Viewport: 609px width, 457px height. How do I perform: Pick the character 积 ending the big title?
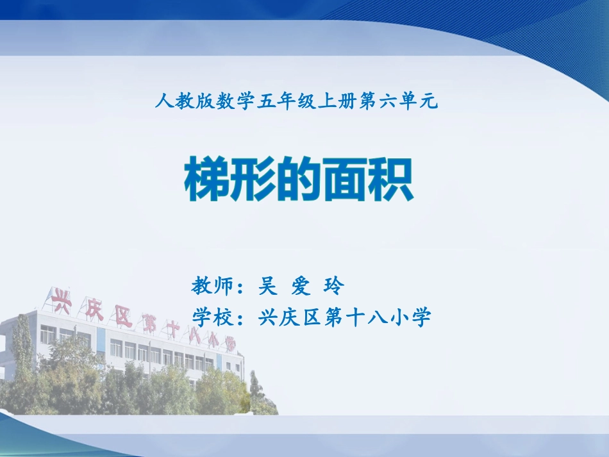[391, 180]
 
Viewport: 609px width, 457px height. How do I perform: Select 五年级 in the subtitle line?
[281, 100]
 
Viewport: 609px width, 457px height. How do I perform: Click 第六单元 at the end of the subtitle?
[397, 100]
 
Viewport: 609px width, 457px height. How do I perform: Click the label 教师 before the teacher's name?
[211, 286]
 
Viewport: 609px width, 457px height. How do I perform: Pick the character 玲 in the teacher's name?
[334, 286]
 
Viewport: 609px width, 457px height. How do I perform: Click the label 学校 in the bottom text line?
[211, 317]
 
